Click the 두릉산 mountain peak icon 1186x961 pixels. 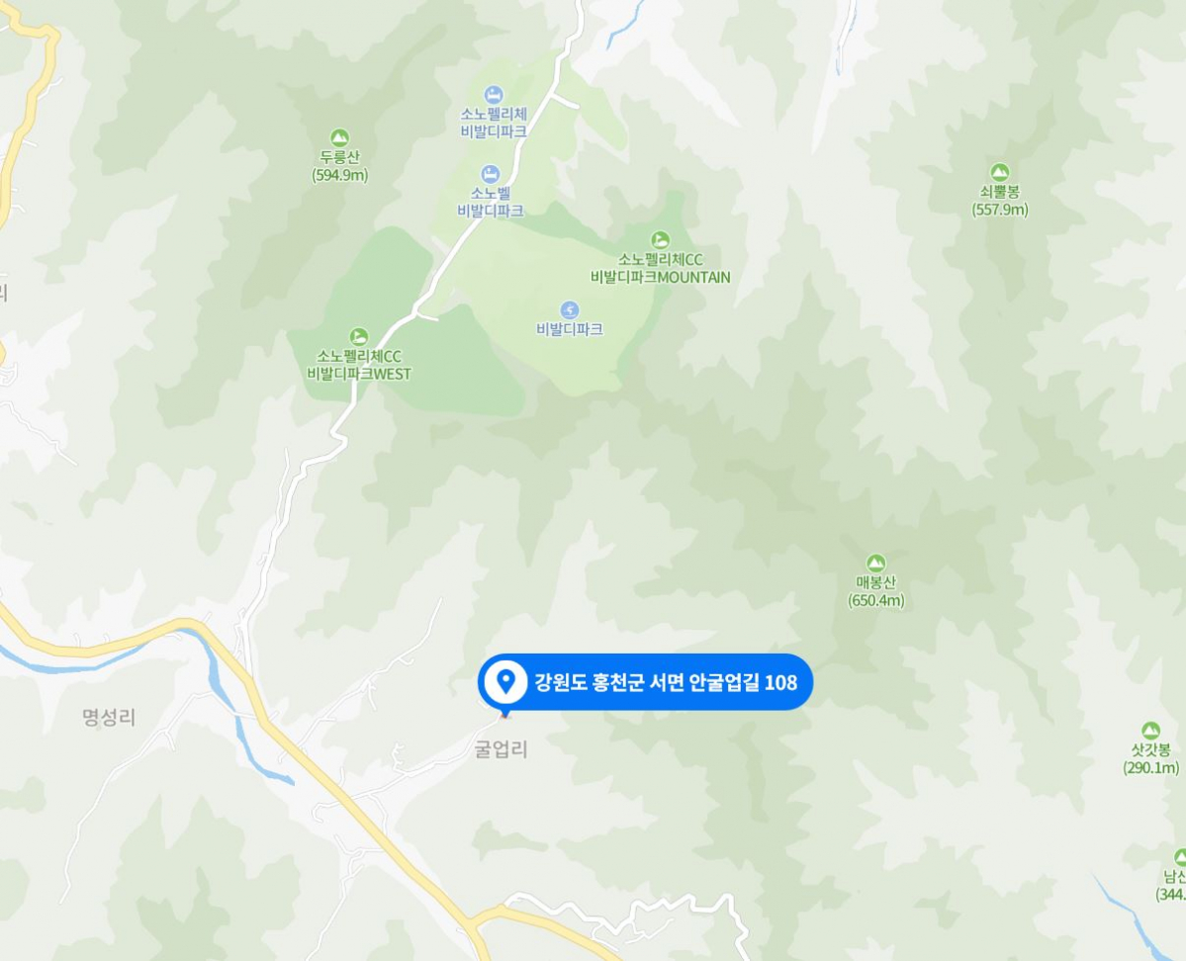339,138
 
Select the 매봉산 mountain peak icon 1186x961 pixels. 875,564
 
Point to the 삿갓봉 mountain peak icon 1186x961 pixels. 1150,731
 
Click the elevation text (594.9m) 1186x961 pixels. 339,175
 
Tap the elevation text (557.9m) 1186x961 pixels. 999,210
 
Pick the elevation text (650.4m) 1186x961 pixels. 875,600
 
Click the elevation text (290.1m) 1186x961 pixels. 1150,768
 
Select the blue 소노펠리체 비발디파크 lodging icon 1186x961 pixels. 493,95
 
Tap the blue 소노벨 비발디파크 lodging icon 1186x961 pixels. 490,175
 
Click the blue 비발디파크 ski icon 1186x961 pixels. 569,309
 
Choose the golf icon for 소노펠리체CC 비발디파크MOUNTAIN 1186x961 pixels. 660,239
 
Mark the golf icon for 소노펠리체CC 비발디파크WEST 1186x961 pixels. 358,337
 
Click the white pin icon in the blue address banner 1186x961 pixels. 506,680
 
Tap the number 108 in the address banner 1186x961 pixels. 780,681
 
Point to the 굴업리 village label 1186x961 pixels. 502,749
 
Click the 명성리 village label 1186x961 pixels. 109,718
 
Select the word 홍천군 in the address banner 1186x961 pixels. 615,681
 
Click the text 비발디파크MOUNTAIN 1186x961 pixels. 660,277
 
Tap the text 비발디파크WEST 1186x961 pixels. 358,374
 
